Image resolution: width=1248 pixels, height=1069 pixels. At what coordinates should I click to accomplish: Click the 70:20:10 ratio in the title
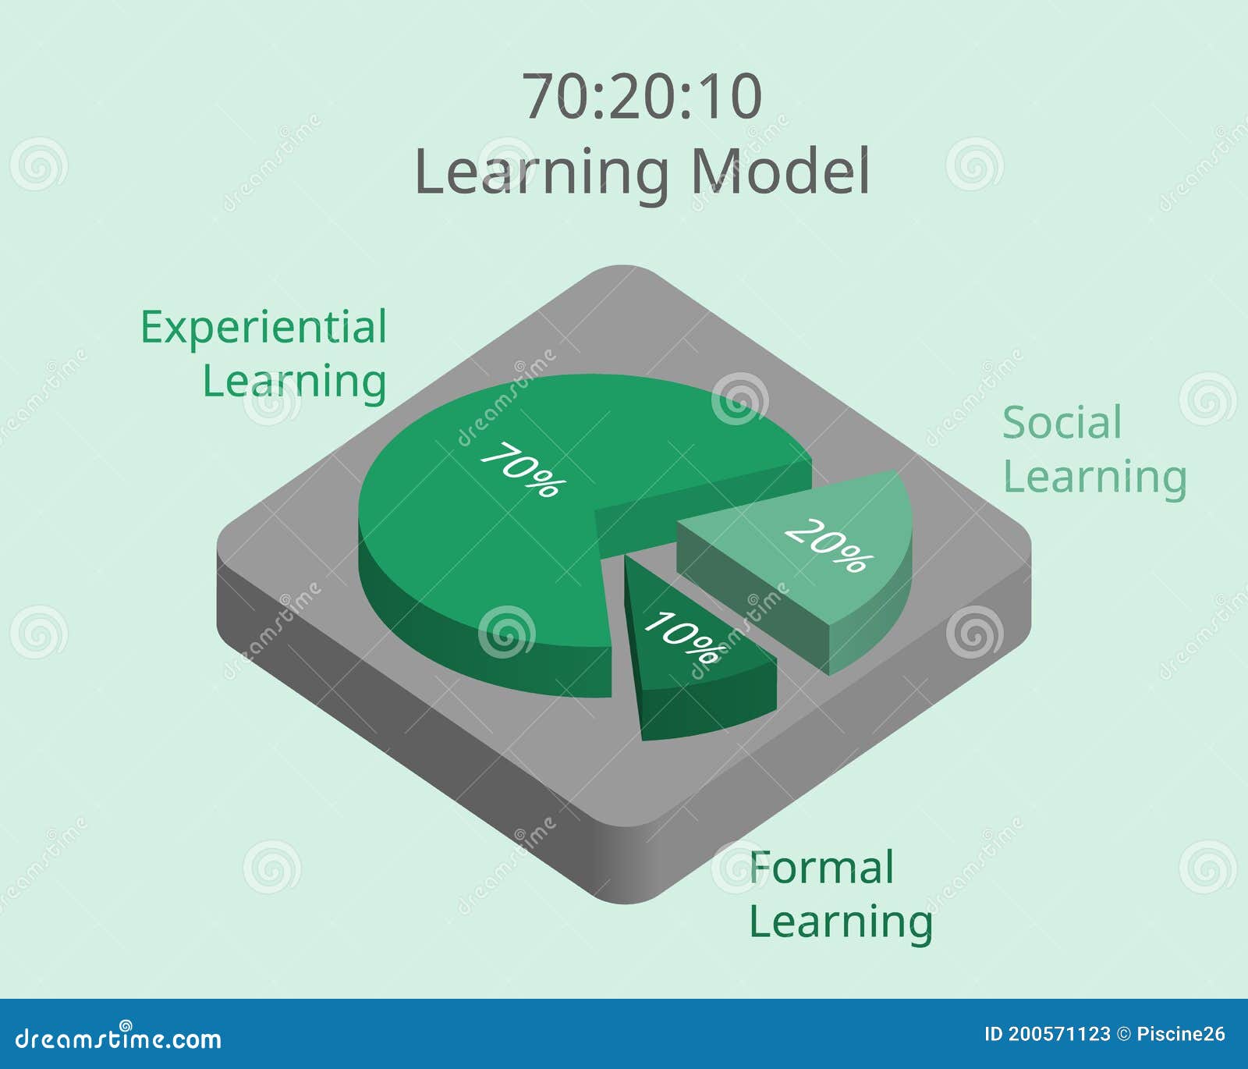pos(642,97)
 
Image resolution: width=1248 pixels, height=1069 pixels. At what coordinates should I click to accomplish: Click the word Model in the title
pos(780,171)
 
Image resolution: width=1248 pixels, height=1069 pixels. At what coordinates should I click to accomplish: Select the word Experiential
pos(264,329)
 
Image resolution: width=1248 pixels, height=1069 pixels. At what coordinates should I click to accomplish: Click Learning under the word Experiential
pos(294,382)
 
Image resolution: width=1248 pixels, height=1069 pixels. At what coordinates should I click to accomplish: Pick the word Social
pos(1062,423)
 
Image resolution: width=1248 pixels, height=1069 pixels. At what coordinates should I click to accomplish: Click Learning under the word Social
pos(1094,478)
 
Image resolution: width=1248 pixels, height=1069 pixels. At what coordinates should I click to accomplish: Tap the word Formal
pos(821,868)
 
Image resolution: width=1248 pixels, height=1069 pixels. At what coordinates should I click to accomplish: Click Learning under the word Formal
pos(841,922)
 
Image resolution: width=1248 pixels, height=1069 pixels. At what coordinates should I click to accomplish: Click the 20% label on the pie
pos(828,545)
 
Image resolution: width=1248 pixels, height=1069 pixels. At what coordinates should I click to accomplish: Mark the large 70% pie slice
pos(484,531)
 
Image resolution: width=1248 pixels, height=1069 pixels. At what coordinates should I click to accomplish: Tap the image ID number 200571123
pos(1058,1035)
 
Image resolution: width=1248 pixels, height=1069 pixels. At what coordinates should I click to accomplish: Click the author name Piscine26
pos(1181,1035)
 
